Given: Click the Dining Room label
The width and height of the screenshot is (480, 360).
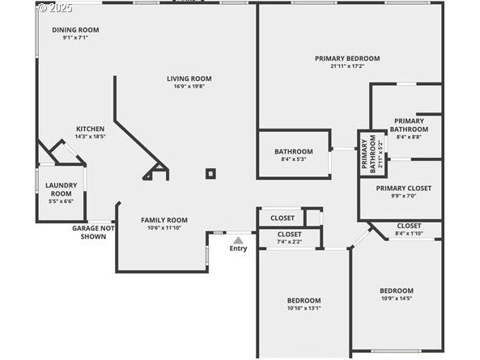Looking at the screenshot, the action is (x=75, y=30).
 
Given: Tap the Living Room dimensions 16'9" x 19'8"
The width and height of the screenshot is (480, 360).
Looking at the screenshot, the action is (x=189, y=87).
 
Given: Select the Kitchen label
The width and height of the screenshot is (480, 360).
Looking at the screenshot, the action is (x=91, y=129).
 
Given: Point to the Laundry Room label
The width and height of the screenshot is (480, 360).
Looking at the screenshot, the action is (x=62, y=189).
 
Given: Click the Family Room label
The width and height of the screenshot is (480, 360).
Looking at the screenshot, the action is (x=164, y=220).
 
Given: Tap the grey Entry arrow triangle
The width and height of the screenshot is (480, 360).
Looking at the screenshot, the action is (x=238, y=240).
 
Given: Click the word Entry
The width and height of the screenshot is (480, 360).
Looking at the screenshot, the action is (x=238, y=248).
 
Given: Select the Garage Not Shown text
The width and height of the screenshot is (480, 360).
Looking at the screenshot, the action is (x=93, y=232).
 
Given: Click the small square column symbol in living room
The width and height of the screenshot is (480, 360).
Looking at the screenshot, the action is (x=210, y=174).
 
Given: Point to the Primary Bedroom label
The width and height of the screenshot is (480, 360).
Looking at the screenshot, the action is (x=347, y=58).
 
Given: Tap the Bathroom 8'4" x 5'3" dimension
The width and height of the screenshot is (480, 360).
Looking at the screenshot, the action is (x=294, y=159).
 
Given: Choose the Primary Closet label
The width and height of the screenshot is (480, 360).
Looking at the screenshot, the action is (x=404, y=188).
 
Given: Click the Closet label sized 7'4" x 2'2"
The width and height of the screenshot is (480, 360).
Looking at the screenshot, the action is (x=289, y=235).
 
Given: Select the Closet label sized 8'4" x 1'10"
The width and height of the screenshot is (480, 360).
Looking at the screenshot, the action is (x=409, y=226).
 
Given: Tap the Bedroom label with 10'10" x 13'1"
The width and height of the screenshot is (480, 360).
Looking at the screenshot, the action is (x=304, y=300).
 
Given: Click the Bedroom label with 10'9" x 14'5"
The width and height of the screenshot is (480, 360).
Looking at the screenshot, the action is (x=397, y=290).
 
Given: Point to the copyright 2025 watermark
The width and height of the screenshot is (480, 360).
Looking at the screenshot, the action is (x=55, y=7).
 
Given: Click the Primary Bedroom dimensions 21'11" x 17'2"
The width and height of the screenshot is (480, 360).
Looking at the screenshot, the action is (x=347, y=66).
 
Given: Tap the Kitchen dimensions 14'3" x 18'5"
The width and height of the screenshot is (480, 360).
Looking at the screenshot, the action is (x=91, y=137).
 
